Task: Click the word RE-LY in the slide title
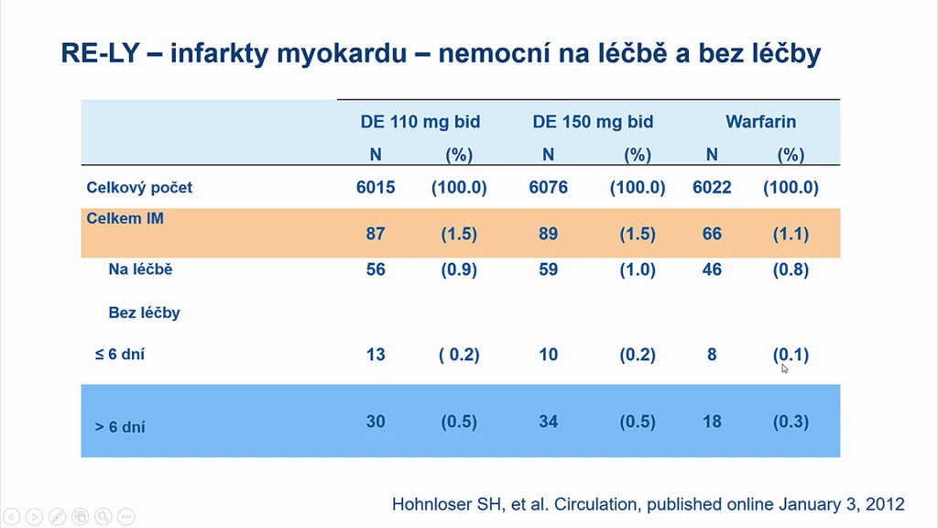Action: [100, 53]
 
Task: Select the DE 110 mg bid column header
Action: [420, 122]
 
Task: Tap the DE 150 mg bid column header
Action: [593, 122]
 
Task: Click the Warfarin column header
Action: [761, 122]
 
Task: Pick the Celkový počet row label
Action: [139, 187]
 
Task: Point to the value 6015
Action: [376, 187]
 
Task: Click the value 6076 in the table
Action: [548, 187]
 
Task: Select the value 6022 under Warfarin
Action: [712, 187]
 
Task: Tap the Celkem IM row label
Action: [125, 218]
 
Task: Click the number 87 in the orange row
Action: [376, 234]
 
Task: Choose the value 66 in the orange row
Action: [712, 234]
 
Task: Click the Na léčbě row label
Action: [140, 269]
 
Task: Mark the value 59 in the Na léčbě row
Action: [548, 269]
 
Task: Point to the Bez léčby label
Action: [144, 313]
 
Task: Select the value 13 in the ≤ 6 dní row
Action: [376, 355]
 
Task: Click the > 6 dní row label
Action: [120, 427]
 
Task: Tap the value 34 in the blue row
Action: [548, 422]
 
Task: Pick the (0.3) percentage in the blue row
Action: [791, 422]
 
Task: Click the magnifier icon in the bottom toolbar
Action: [103, 516]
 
